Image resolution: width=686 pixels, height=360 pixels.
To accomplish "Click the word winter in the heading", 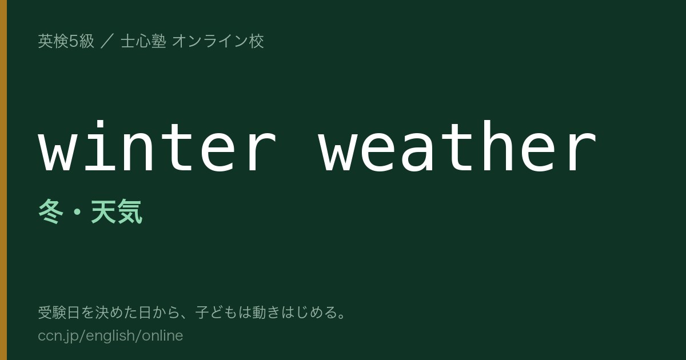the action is [157, 146].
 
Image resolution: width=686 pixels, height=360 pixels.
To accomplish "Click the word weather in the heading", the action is [457, 146].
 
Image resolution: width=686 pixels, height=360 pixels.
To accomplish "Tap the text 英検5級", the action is [66, 41].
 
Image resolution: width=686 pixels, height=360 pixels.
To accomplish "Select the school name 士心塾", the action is [143, 41].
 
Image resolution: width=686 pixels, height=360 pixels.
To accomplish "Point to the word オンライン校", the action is [218, 41].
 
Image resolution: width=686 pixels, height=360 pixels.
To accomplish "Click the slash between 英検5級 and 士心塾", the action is [107, 41].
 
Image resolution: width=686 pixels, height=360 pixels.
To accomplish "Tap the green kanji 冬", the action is [51, 211].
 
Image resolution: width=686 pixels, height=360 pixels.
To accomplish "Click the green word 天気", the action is [117, 211].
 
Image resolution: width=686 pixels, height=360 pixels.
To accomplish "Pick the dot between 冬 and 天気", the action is [77, 212].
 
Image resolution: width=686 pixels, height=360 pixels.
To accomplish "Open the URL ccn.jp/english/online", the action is [110, 336].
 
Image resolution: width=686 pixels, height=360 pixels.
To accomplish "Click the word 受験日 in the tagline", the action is [59, 313].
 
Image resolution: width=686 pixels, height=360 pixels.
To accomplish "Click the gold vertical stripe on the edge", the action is [3, 180].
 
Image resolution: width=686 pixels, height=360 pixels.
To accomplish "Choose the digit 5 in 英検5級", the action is [74, 41].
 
